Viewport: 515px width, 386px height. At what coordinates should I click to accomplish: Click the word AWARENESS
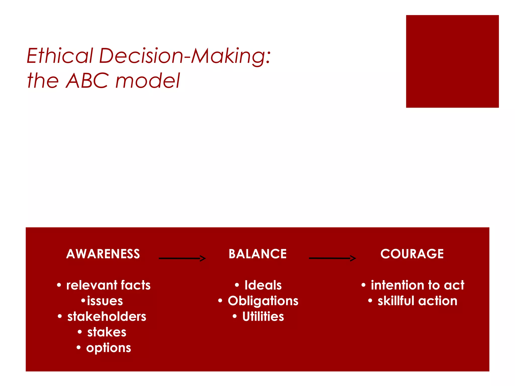103,254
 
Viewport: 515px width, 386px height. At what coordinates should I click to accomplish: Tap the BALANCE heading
257,254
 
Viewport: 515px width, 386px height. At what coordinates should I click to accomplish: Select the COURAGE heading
412,254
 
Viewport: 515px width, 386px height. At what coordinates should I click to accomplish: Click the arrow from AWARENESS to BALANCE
182,258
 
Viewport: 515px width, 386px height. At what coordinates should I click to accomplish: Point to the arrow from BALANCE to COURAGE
332,258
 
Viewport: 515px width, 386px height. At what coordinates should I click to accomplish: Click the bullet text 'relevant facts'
108,285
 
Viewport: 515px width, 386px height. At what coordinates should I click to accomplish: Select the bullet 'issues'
105,301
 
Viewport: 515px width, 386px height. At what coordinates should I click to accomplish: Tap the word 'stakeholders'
107,316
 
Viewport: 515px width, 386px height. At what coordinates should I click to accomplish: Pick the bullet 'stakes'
107,332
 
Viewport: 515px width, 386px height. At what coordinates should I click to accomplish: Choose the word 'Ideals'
263,285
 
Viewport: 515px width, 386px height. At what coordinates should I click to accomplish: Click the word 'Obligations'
263,301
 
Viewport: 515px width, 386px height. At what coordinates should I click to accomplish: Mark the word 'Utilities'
263,316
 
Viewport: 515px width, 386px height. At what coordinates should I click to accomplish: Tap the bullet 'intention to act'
417,285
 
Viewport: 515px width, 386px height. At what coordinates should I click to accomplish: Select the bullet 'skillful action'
417,301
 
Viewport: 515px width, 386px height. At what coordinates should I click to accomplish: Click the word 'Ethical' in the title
60,56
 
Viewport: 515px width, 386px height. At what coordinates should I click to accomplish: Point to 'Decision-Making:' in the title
185,56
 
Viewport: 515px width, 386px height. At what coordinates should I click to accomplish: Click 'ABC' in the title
88,81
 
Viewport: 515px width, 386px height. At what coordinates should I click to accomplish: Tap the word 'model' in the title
148,81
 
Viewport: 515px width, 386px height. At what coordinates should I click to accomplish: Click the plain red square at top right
452,61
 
